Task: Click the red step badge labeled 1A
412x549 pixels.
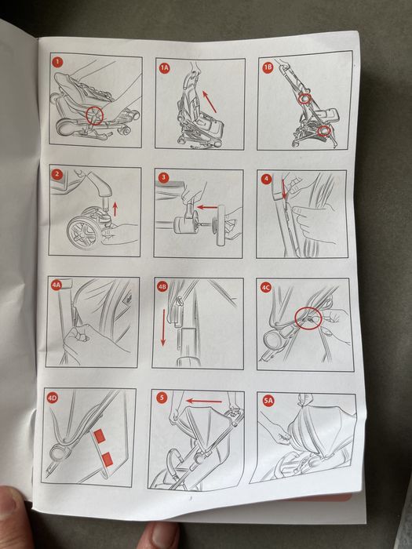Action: [x=164, y=68]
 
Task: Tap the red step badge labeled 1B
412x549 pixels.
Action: [x=268, y=67]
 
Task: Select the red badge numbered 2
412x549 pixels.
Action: [x=57, y=174]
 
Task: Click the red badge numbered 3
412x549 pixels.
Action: [x=163, y=178]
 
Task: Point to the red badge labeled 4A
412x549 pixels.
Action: [x=57, y=285]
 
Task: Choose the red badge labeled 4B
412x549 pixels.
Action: [x=162, y=287]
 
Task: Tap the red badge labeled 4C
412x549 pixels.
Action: [x=266, y=288]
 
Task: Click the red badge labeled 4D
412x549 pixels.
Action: [x=53, y=398]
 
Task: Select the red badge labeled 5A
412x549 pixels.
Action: [x=268, y=401]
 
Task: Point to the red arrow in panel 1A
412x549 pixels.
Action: [x=210, y=101]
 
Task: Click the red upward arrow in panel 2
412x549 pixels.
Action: [x=115, y=209]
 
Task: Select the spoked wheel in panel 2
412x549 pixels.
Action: [x=85, y=232]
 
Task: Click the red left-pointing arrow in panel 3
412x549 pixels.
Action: [x=207, y=207]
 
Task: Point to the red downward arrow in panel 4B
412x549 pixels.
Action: [x=163, y=327]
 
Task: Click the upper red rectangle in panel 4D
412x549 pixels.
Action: [x=100, y=437]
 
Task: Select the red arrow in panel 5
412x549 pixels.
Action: [x=204, y=401]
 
